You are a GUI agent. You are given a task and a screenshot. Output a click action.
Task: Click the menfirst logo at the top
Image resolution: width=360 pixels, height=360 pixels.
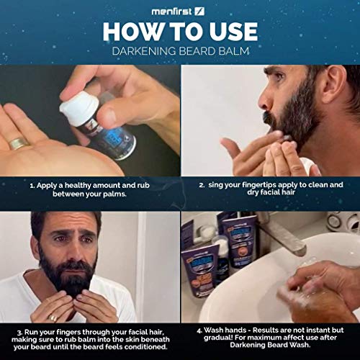point(179,11)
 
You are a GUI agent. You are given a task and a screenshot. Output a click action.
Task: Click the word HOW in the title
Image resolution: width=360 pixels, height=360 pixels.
point(131,32)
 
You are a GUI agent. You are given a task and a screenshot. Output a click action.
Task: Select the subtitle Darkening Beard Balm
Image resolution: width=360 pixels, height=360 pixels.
point(179,51)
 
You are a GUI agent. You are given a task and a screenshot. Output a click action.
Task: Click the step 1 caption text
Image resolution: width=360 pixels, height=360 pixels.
point(91,189)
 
